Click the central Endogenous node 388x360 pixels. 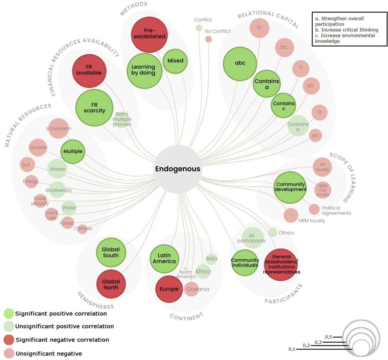tap(178, 169)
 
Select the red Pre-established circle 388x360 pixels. tap(149, 34)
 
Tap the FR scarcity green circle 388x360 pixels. tap(94, 107)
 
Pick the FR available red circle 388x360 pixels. tap(89, 71)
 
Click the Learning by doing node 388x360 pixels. tap(144, 71)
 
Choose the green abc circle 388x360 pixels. tap(240, 63)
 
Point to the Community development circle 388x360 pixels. tap(290, 187)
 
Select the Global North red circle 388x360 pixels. tap(111, 284)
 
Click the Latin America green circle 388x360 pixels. tap(164, 258)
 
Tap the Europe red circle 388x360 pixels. tap(169, 289)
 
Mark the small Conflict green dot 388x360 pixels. tap(199, 28)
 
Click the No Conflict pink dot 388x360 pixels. tap(209, 39)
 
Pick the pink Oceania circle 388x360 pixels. tap(191, 289)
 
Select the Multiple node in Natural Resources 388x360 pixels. tap(73, 151)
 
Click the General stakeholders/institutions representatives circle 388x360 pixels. tap(281, 264)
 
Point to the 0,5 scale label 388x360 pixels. tap(329, 337)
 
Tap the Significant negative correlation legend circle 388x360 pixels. tap(9, 340)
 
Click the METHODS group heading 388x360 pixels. tap(134, 8)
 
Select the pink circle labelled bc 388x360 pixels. tap(284, 47)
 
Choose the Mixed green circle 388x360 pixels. tap(175, 61)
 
